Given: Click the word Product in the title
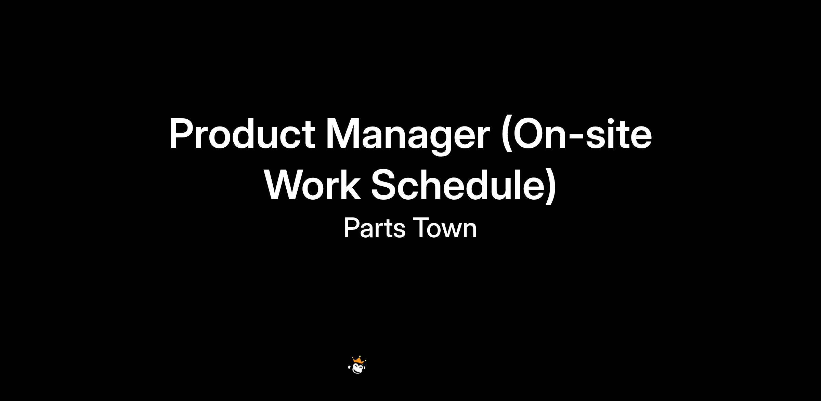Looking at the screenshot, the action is (242, 134).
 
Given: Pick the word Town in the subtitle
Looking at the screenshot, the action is (445, 228).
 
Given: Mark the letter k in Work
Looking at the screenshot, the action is (352, 184).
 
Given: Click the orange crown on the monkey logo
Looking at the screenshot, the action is (359, 360).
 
